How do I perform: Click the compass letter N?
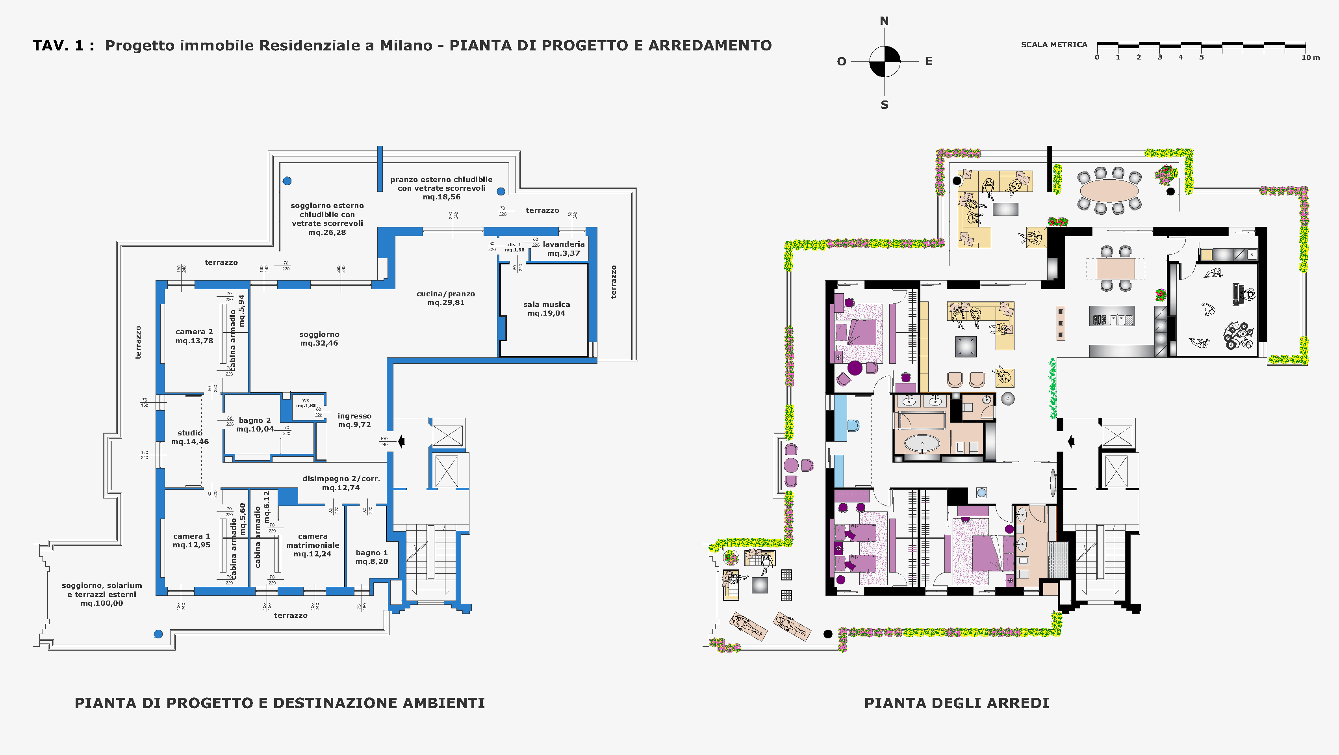(884, 21)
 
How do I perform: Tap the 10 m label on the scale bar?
(1310, 58)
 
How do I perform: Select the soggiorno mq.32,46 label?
(319, 339)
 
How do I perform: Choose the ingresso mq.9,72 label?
(354, 420)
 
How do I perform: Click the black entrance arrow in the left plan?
(401, 441)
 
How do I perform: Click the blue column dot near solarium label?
(159, 634)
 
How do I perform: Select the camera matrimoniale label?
(312, 545)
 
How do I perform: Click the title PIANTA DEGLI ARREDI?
(957, 703)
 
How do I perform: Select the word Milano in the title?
(406, 46)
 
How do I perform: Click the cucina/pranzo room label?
(446, 298)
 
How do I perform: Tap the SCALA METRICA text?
(1053, 45)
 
